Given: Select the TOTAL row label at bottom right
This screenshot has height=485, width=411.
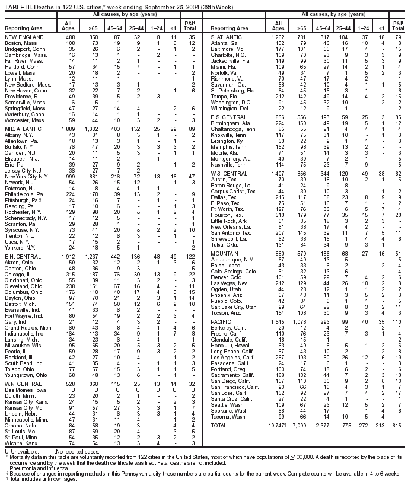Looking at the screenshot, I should (x=219, y=426).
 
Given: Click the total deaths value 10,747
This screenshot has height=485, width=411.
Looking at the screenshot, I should (x=276, y=426).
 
